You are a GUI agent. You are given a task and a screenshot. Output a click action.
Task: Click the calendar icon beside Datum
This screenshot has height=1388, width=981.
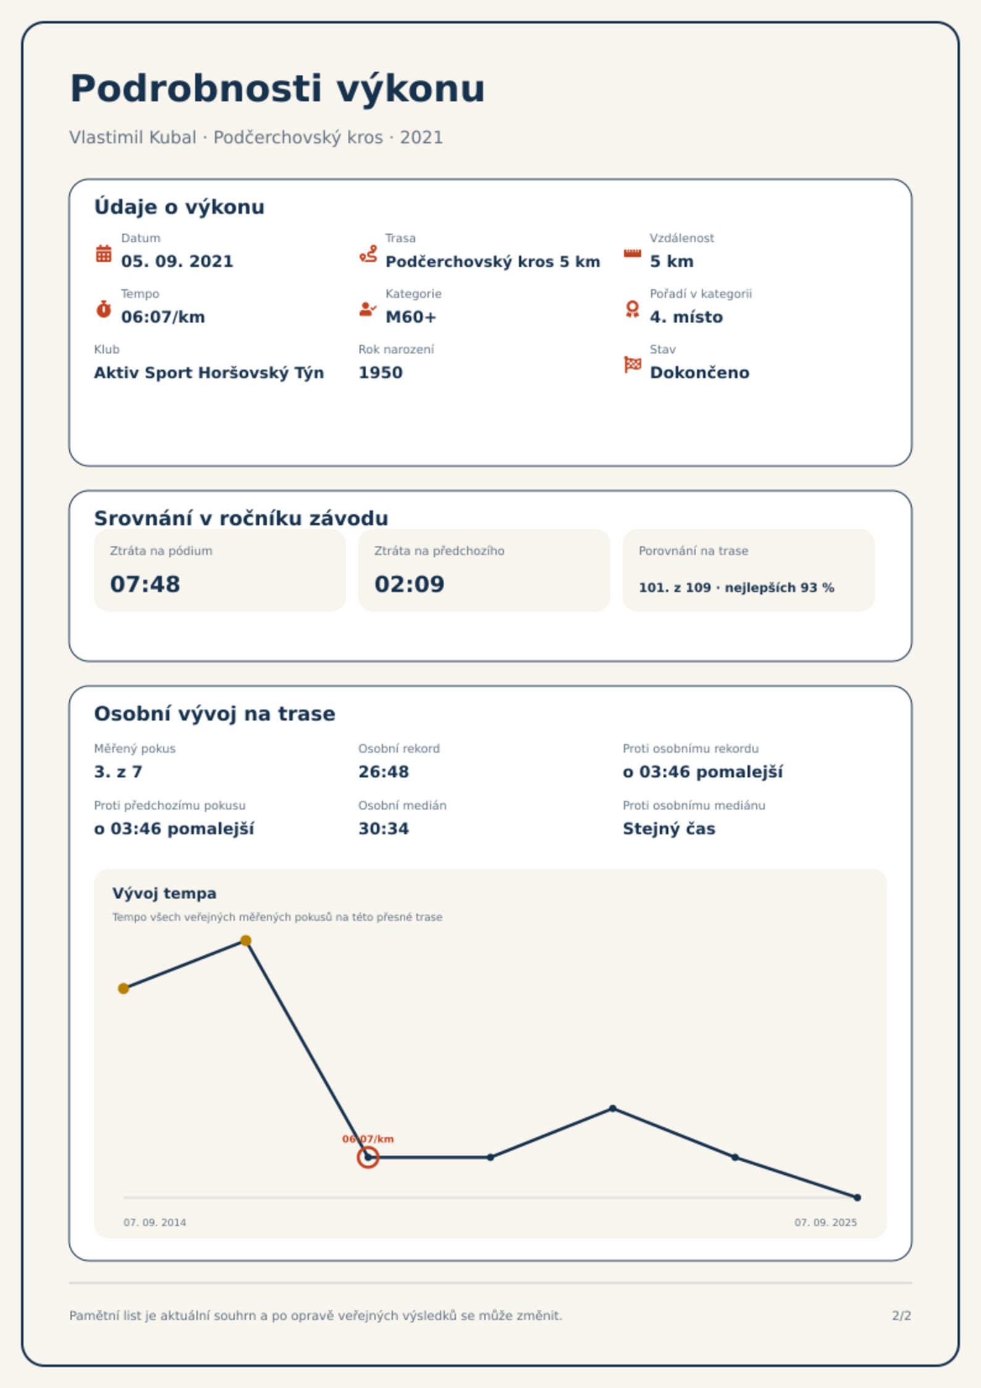click(x=104, y=253)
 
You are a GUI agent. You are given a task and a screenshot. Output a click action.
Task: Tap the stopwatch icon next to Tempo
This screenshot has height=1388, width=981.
click(x=104, y=309)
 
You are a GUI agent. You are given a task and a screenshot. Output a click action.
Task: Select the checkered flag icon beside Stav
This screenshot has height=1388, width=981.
click(x=633, y=365)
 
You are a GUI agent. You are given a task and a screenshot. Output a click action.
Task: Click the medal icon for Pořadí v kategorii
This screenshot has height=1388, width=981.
click(x=633, y=309)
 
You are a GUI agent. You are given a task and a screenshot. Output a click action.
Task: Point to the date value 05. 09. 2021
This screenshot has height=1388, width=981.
click(x=177, y=261)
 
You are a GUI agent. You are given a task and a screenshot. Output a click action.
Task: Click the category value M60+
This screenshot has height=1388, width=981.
click(x=411, y=317)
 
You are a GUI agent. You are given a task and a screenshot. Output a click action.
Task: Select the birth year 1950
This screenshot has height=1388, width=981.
click(x=381, y=373)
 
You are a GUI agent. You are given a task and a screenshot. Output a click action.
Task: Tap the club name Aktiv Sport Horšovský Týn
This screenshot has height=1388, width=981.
click(x=209, y=373)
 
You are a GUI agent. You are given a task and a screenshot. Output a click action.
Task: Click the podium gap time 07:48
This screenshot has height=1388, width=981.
click(x=145, y=584)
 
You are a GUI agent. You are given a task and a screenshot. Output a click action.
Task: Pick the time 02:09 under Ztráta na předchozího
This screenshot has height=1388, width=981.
click(x=410, y=584)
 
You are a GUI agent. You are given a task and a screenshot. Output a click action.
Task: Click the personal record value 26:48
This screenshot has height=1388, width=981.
click(x=384, y=772)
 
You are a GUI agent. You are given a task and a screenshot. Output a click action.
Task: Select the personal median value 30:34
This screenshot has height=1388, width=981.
click(x=384, y=829)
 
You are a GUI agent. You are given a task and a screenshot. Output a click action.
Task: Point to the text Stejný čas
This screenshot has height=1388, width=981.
click(x=669, y=829)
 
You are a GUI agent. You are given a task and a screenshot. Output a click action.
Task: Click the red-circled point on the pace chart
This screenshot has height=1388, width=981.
click(x=368, y=1157)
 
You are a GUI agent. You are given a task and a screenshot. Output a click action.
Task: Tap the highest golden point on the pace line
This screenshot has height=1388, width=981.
click(x=246, y=941)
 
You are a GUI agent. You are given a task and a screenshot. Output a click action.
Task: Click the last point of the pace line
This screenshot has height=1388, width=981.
click(x=857, y=1198)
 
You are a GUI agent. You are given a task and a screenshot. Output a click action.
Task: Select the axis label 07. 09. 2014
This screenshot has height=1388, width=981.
click(x=154, y=1222)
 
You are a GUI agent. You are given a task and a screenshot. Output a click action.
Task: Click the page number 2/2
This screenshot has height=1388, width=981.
click(x=901, y=1316)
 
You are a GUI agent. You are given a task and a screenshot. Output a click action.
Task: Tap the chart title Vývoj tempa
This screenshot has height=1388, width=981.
click(x=164, y=894)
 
